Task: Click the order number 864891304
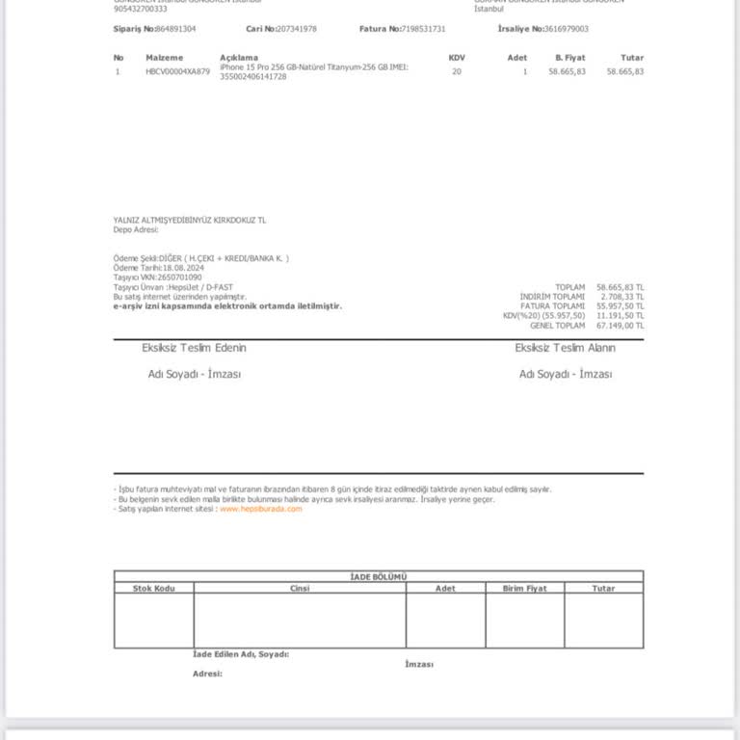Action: [x=175, y=29]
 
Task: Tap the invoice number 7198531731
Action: [x=423, y=29]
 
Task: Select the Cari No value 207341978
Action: [x=297, y=29]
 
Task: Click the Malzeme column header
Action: [x=164, y=58]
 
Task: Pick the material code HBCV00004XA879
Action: [x=177, y=72]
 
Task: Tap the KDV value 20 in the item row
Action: [x=457, y=72]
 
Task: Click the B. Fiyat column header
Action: [x=569, y=58]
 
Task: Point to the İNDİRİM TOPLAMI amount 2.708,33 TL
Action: [x=622, y=297]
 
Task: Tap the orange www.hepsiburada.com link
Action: [x=260, y=509]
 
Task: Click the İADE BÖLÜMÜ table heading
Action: [x=378, y=576]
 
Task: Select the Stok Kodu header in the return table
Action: [x=153, y=588]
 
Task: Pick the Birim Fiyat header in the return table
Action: [x=524, y=588]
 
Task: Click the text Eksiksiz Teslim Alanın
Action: [x=565, y=348]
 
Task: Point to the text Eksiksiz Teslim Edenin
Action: [x=194, y=348]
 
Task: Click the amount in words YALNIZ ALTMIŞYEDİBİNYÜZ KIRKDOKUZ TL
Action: [x=189, y=221]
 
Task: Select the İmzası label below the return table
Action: [x=419, y=664]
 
